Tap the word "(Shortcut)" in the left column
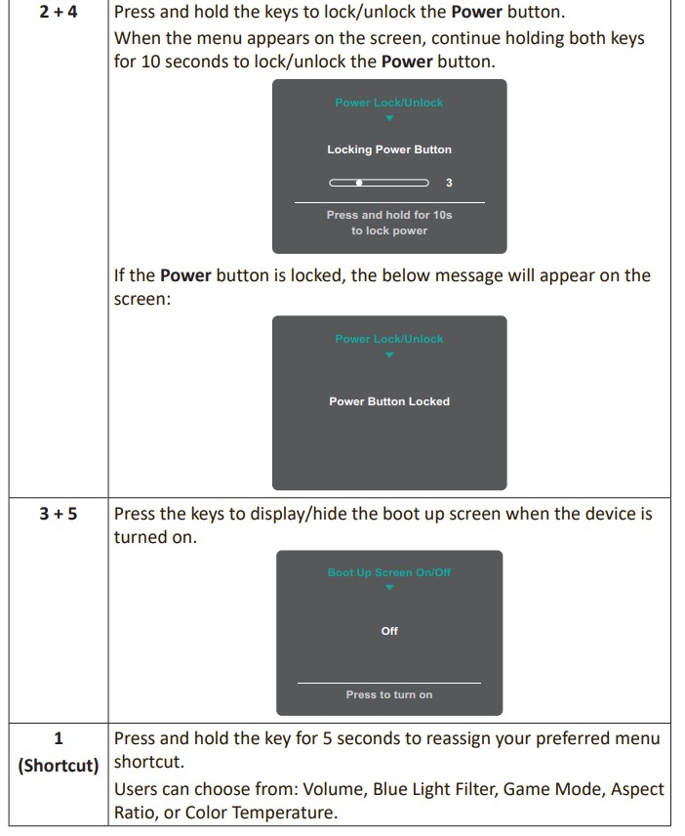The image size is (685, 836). coord(59,764)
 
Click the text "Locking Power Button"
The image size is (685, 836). coord(389,149)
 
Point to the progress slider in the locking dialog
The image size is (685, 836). coord(379,183)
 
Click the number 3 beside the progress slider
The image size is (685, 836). coord(449,183)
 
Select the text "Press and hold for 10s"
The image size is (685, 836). coord(389,215)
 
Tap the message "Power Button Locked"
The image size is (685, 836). coord(389,401)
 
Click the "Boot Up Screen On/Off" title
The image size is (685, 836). coord(389,572)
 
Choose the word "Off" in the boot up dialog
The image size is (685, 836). coord(389,631)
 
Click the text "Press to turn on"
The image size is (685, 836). coord(389,694)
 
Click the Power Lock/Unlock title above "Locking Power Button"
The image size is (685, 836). coord(389,103)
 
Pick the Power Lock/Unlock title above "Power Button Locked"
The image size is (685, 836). coord(389,339)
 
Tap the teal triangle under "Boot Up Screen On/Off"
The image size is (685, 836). coord(389,588)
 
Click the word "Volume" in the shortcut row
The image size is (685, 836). coord(333,788)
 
